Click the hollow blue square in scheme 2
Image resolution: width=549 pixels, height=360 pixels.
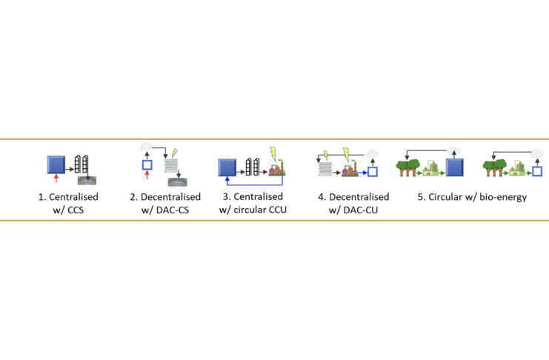(147, 163)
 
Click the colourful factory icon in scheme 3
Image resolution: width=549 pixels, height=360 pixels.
(277, 170)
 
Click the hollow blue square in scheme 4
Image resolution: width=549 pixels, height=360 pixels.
(373, 172)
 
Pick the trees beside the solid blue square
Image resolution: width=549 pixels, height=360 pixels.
(410, 164)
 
